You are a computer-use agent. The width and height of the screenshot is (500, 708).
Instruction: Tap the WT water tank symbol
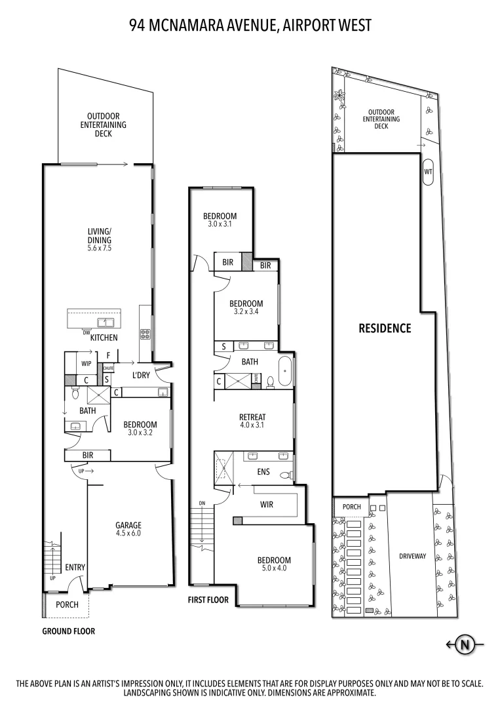(x=429, y=172)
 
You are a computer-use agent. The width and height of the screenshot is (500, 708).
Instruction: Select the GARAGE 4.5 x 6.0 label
(x=128, y=529)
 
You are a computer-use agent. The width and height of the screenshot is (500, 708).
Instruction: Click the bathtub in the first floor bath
(x=286, y=372)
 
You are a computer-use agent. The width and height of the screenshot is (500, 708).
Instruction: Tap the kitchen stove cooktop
(x=145, y=333)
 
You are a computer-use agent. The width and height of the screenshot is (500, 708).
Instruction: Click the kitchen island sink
(x=104, y=322)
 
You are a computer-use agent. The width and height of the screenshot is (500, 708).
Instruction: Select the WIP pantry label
(x=86, y=363)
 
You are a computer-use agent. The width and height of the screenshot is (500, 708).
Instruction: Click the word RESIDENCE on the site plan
(x=385, y=328)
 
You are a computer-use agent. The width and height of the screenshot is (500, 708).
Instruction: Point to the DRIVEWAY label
(x=412, y=556)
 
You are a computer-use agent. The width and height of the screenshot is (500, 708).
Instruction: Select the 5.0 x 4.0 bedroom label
(x=274, y=564)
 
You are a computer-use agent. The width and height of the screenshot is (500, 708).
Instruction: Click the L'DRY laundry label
(x=142, y=375)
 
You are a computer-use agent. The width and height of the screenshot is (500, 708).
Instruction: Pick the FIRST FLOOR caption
(x=208, y=600)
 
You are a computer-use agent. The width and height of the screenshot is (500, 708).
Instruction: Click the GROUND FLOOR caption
(x=69, y=631)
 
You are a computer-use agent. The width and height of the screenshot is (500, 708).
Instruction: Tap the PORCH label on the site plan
(x=351, y=507)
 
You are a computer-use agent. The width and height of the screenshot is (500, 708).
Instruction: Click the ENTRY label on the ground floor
(x=75, y=567)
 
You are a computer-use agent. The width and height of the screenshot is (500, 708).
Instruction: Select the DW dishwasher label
(x=86, y=332)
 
